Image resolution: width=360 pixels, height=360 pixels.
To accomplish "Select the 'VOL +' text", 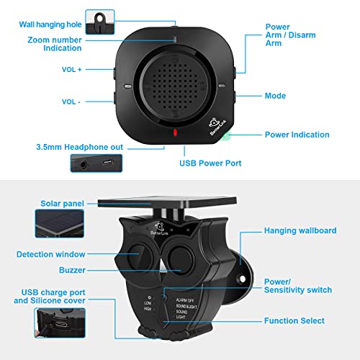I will point(72,71).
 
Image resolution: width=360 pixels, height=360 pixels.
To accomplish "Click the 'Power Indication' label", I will point(297,135).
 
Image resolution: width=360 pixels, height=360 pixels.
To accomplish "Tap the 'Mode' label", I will point(275,96).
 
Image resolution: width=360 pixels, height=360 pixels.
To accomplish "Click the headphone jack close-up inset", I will point(100,163).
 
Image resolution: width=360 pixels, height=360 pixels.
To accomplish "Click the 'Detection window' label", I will point(52,254).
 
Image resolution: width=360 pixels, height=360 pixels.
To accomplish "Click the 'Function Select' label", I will point(294,320).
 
